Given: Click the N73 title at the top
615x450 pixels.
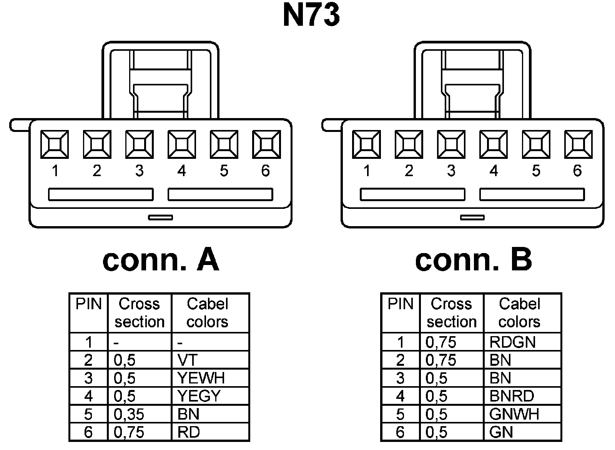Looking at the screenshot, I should (x=311, y=15).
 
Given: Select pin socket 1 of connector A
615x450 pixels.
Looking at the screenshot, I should (x=55, y=144).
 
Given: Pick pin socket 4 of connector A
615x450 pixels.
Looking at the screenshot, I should (x=181, y=144).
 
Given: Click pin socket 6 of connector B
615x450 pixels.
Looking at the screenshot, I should (x=578, y=144).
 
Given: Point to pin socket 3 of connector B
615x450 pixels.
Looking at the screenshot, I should (x=451, y=144).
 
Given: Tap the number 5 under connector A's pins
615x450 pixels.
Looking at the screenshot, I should (x=224, y=171).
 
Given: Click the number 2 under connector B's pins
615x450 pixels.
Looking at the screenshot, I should (x=409, y=171).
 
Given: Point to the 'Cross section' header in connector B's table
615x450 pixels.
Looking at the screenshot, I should (x=452, y=313).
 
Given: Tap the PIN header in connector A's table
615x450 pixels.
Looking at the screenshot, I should (x=88, y=304).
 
